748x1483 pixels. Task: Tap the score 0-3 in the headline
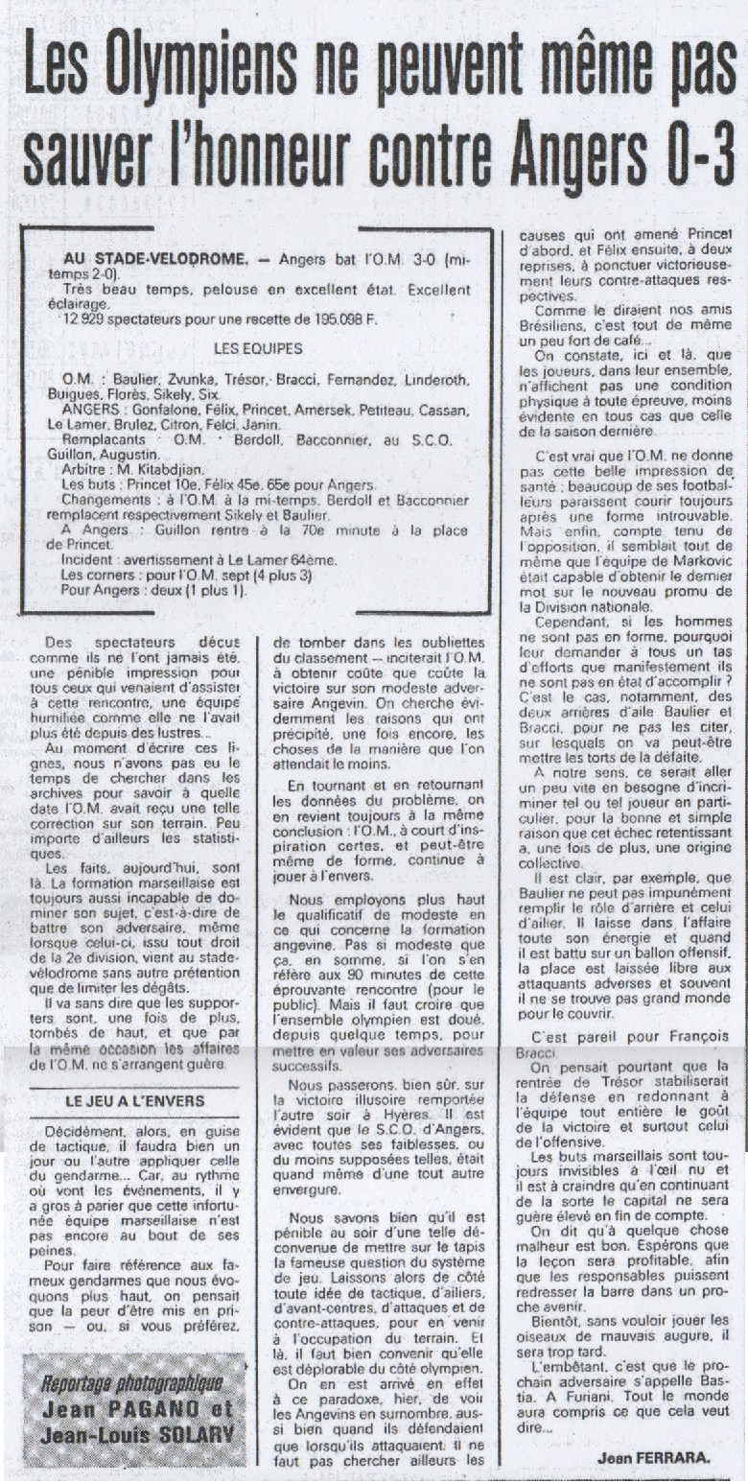(690, 153)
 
